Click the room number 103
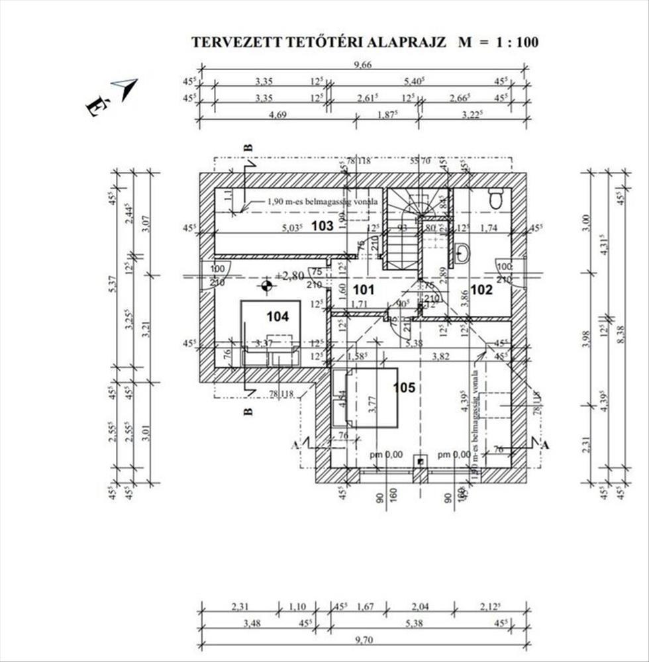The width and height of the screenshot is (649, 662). point(322,226)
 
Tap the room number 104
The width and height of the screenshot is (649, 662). point(278,316)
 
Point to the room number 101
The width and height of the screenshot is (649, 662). point(364,289)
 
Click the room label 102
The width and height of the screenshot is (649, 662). point(482,289)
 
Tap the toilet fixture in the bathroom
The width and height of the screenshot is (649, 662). point(495,198)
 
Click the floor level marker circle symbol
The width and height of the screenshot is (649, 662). point(266,286)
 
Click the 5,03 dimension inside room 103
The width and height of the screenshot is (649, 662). point(292,228)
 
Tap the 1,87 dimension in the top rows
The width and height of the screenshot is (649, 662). point(388,115)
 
